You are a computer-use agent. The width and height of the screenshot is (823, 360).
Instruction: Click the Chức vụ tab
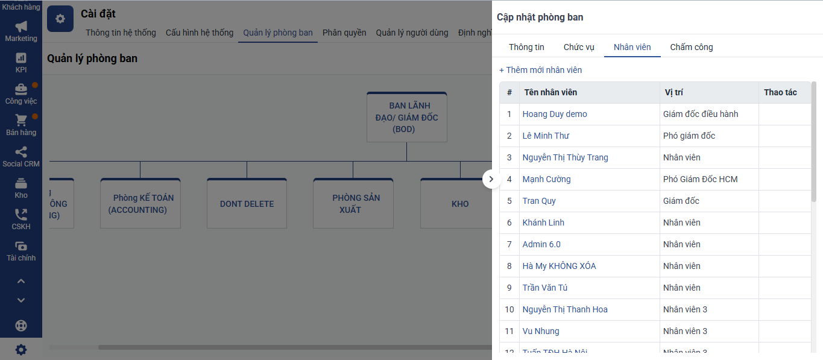(579, 47)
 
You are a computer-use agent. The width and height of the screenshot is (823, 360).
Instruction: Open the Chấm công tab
(691, 47)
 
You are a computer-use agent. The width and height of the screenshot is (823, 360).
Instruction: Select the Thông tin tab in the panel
(526, 47)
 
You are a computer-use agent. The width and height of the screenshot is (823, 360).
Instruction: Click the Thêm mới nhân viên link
(540, 70)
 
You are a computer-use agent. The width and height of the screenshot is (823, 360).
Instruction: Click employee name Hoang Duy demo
(555, 114)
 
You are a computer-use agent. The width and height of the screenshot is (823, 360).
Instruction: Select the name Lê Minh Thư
(546, 136)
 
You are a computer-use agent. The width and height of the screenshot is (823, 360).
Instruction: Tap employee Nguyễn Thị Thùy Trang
(565, 157)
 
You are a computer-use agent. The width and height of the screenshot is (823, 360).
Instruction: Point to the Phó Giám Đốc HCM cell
(700, 179)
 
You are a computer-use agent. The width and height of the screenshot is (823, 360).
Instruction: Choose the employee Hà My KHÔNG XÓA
(559, 265)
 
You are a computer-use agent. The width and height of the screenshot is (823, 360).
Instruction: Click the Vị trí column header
(673, 92)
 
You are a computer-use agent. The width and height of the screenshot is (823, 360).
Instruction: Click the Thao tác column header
(780, 92)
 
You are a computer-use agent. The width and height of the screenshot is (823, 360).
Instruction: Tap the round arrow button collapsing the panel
(491, 179)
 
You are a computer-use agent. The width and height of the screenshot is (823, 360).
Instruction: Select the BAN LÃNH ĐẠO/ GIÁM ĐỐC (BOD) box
(407, 117)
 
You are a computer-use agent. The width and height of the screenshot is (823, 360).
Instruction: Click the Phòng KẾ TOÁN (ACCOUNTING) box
(140, 203)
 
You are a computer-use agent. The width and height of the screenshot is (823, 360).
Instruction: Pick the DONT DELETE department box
(247, 203)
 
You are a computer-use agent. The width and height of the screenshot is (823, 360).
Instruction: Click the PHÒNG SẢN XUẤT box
(353, 203)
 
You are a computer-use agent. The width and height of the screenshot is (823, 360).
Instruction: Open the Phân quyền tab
(344, 33)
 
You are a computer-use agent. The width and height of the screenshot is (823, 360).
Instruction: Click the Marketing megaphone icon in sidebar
(21, 27)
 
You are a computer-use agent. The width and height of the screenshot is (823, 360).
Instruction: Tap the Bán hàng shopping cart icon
(21, 120)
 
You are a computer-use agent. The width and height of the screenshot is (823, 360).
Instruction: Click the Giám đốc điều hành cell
(700, 114)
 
